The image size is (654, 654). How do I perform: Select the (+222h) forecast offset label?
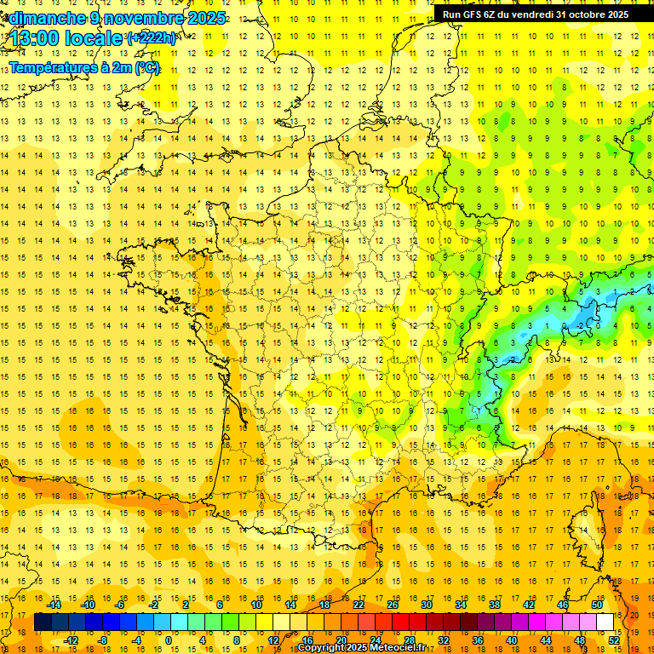pos(152,38)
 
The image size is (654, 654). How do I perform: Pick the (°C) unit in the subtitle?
pos(146,68)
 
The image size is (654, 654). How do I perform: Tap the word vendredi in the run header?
pos(530,14)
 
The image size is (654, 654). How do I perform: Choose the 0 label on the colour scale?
pos(168,640)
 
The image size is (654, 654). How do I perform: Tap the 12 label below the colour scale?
pos(274,640)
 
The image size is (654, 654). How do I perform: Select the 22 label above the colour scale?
pos(358,605)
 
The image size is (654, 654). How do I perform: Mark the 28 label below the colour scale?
pos(410,640)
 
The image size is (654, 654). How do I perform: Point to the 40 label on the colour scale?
pos(512,640)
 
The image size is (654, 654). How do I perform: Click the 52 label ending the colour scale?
pos(614,640)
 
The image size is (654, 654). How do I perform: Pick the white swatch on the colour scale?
pos(605,622)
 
